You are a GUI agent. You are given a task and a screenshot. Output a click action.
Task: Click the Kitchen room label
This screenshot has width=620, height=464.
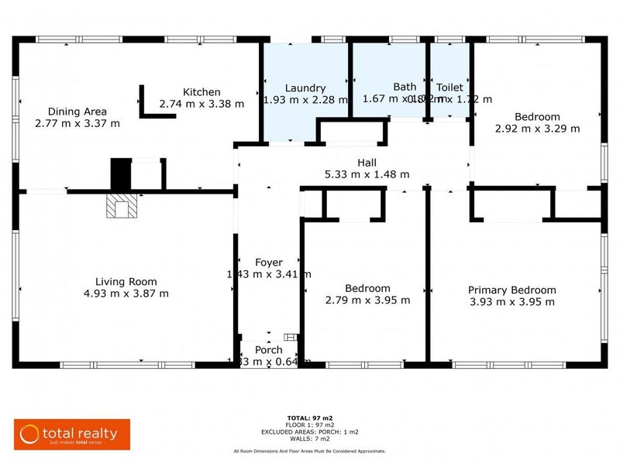click(x=201, y=91)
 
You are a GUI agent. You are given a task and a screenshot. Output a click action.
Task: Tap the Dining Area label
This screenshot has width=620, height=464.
click(x=77, y=111)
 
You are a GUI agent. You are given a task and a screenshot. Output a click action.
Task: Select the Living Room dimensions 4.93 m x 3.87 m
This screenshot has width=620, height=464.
click(x=126, y=294)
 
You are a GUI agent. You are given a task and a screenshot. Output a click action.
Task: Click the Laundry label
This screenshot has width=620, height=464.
click(x=305, y=88)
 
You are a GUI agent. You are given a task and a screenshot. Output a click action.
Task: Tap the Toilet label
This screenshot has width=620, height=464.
click(x=449, y=88)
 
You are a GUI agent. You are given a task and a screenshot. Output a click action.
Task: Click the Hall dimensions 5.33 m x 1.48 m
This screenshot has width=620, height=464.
click(x=367, y=174)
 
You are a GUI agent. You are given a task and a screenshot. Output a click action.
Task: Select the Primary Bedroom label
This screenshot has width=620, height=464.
click(x=511, y=290)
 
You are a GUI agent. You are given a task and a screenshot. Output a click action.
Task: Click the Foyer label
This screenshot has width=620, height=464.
click(x=269, y=263)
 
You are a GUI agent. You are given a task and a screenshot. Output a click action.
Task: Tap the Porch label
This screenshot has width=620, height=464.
click(x=269, y=349)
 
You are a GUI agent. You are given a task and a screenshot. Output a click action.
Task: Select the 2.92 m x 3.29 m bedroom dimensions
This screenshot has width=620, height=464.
click(x=537, y=129)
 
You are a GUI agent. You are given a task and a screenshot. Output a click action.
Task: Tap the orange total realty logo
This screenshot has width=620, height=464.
click(x=71, y=432)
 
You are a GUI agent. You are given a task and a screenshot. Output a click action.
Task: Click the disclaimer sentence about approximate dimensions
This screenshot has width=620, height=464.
click(x=309, y=451)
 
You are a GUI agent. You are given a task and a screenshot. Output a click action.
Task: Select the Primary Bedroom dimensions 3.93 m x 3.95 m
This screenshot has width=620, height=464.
click(x=511, y=301)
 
